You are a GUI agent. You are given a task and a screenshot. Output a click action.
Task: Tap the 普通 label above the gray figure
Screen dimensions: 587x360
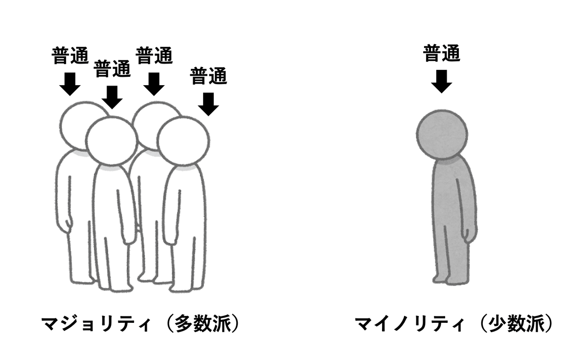[x=442, y=54]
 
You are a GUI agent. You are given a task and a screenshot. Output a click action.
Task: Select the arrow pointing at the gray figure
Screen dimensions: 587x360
[x=442, y=81]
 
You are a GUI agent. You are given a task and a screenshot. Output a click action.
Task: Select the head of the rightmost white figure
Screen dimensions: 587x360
[x=183, y=141]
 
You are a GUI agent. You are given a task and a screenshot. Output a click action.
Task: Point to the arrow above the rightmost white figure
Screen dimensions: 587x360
[x=209, y=104]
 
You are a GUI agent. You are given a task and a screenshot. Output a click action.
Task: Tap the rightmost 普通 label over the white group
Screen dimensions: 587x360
[x=208, y=76]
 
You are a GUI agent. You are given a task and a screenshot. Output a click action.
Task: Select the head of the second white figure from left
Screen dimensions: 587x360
[x=111, y=141]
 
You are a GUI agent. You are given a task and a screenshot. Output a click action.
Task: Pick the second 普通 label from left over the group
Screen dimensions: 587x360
[x=113, y=69]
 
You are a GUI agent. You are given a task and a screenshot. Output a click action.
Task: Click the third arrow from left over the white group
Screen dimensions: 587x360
[x=155, y=84]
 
